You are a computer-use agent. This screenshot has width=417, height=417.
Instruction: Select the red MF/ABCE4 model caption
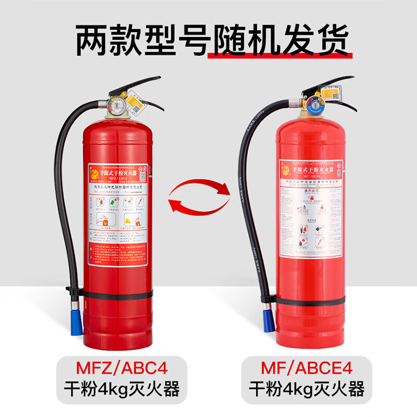pyautogui.click(x=307, y=369)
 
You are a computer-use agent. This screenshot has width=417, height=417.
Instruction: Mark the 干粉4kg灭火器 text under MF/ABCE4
pyautogui.click(x=307, y=389)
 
